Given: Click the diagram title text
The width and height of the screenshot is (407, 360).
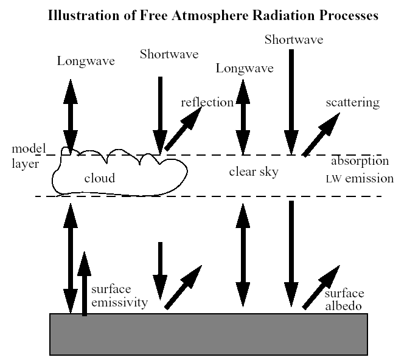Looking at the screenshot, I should click(212, 16).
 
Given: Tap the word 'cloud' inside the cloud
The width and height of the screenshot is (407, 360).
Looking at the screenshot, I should click(100, 178).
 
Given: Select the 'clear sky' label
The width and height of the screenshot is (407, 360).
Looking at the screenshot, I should click(254, 172).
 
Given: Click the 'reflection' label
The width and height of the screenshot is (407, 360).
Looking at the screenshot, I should click(207, 102).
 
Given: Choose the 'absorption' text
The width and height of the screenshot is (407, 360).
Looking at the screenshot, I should click(360, 162).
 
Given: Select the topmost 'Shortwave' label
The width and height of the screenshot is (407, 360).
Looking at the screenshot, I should click(293, 40).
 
